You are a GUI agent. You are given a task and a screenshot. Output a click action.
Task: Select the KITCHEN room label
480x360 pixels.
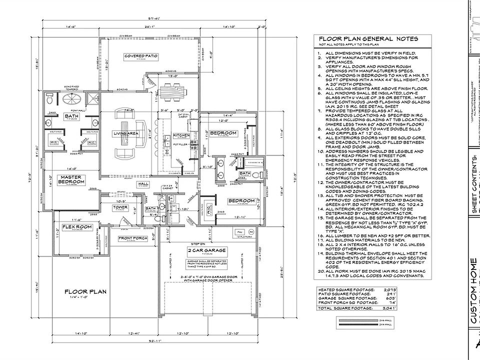(x=180, y=135)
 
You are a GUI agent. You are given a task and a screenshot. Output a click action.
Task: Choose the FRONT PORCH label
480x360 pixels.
(x=132, y=238)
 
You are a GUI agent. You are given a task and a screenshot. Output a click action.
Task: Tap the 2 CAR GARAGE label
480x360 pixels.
(x=206, y=250)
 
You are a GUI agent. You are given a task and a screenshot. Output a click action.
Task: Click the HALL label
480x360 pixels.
(x=143, y=184)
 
